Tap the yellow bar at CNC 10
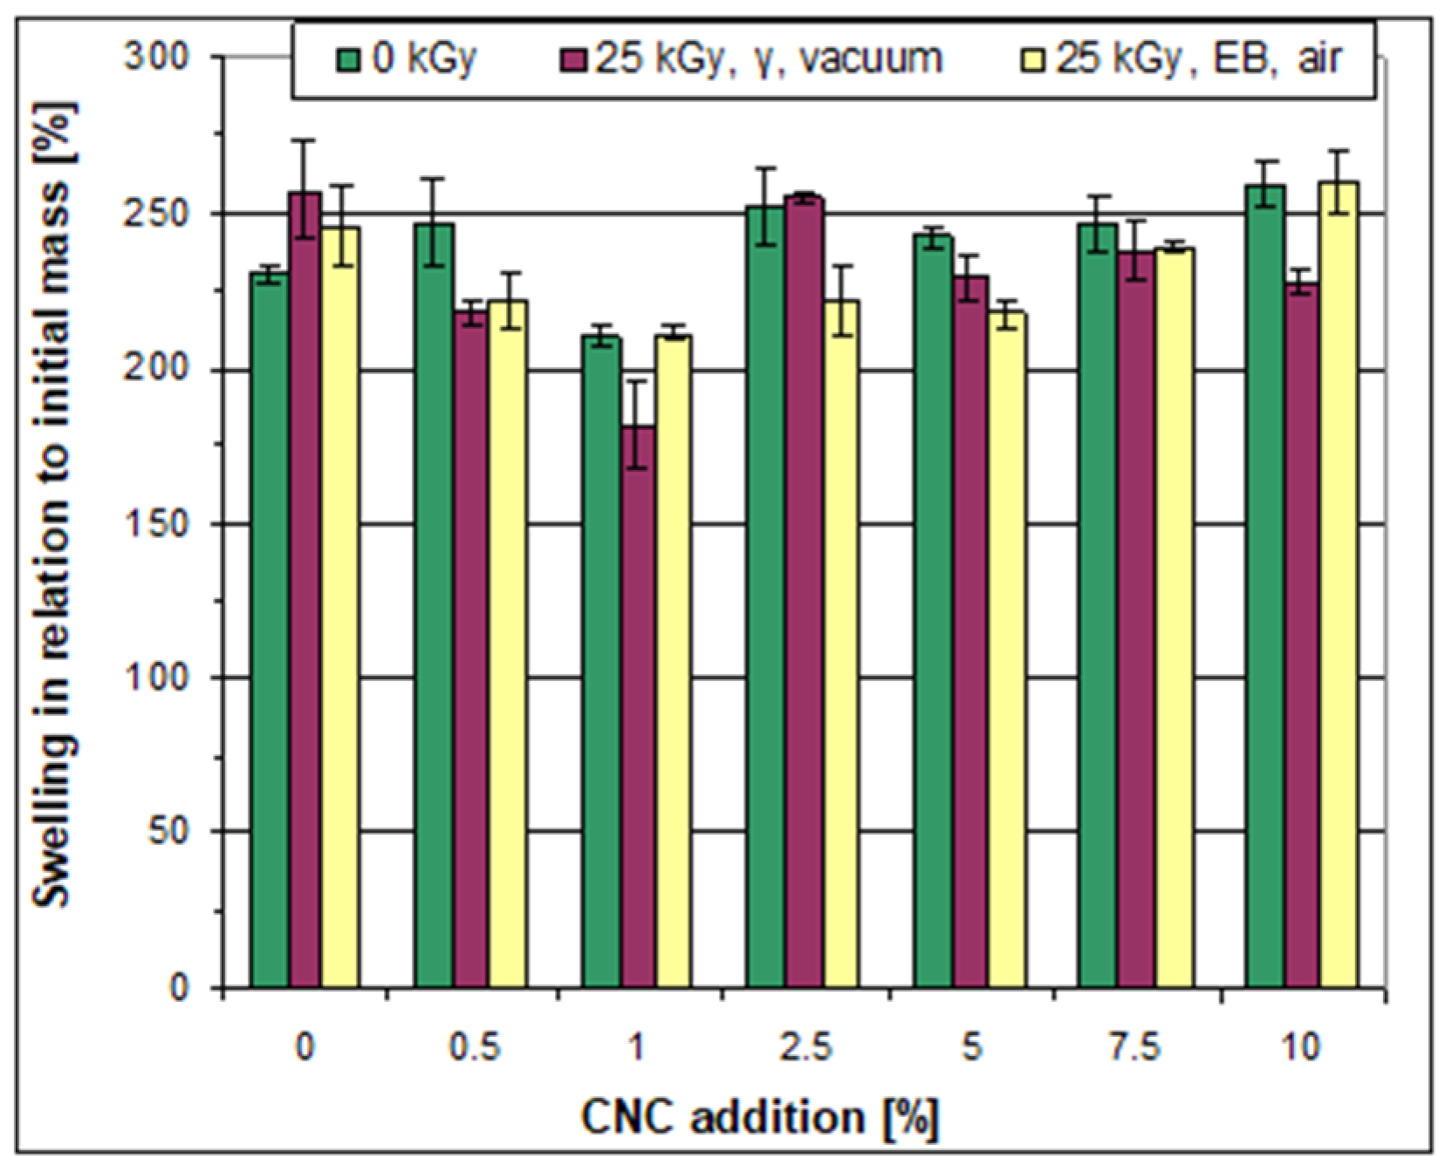pos(1338,584)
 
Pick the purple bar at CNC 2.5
pos(804,593)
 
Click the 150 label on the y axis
pos(157,524)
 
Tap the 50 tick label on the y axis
pos(168,831)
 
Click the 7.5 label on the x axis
pos(1135,1046)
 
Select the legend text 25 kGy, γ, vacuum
pos(768,59)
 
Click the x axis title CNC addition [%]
pos(759,1117)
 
